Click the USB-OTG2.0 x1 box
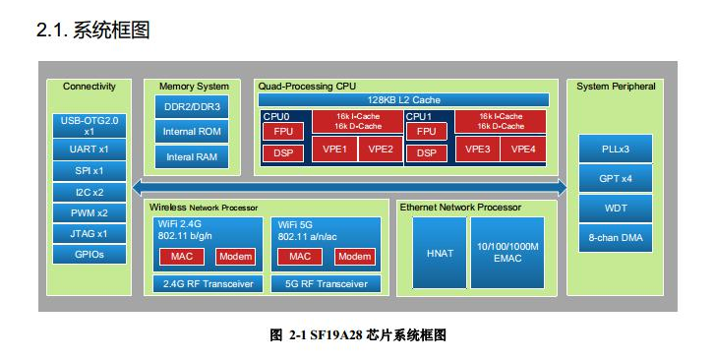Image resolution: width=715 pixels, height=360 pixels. tap(89, 125)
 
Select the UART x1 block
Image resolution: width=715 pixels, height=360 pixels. tap(89, 150)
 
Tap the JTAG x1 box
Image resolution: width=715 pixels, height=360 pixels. tap(89, 233)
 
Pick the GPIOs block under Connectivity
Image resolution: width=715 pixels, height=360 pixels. tap(89, 254)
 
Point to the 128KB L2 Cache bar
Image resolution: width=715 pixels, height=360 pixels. tap(404, 100)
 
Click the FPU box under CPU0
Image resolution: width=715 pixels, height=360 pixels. tap(282, 131)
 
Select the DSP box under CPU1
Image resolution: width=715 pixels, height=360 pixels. tap(426, 152)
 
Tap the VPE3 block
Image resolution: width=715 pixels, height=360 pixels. tap(478, 150)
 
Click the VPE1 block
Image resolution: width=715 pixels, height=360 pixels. tap(334, 150)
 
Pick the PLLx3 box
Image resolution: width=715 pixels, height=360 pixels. tap(616, 150)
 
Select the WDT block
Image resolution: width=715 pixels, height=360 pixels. tap(616, 209)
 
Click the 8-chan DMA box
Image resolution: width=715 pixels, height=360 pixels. tap(616, 238)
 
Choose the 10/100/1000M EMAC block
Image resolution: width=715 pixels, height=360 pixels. tap(506, 252)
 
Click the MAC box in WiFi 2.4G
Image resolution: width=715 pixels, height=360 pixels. tap(181, 257)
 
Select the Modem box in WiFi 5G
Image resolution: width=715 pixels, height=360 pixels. tap(354, 257)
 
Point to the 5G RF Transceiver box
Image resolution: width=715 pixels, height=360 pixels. tap(325, 284)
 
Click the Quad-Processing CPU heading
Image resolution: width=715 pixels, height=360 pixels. tap(307, 87)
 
